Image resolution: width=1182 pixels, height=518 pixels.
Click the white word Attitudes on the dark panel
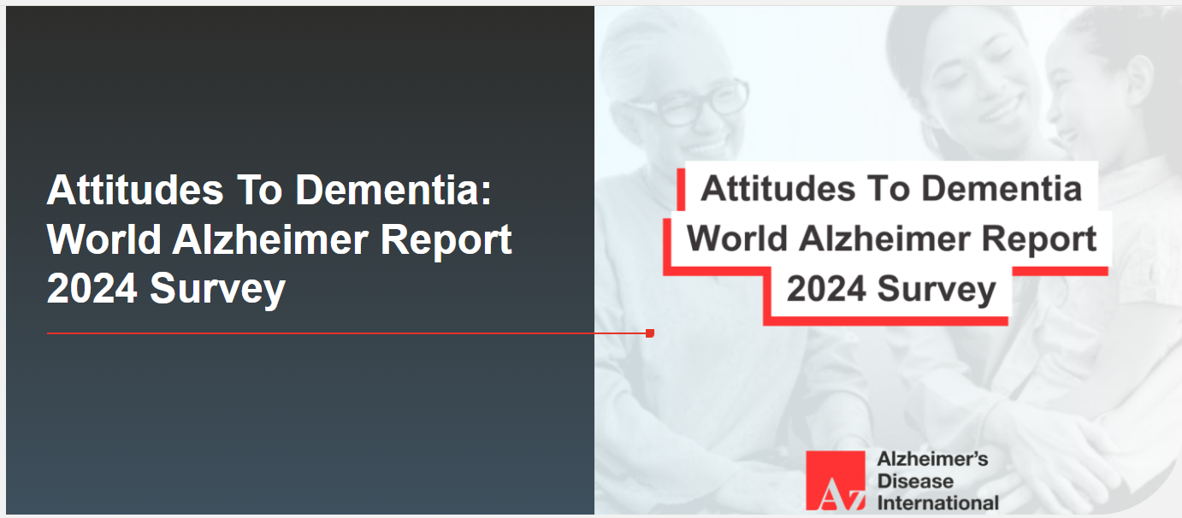[x=135, y=190]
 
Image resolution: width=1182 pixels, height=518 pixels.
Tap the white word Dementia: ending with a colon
[x=393, y=190]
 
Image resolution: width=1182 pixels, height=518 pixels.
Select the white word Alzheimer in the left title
[x=271, y=239]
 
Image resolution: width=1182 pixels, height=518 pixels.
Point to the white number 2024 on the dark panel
[x=92, y=289]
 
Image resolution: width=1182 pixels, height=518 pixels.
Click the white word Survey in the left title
[x=217, y=290]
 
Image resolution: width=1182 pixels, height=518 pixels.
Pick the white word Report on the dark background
[x=446, y=240]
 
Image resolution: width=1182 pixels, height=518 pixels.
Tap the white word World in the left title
[x=104, y=239]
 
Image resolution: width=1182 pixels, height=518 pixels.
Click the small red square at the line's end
[x=650, y=333]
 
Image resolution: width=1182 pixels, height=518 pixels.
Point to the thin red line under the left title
[x=348, y=333]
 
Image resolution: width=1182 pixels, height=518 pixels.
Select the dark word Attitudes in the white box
[x=777, y=188]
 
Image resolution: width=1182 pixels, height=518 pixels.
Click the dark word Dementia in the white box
[x=1002, y=188]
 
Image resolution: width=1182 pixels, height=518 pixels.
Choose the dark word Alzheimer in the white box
[x=884, y=238]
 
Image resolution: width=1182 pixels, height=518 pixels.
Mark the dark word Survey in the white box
[x=937, y=290]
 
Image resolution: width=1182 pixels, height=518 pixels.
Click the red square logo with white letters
[x=836, y=480]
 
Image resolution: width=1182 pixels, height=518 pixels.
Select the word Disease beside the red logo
[x=915, y=481]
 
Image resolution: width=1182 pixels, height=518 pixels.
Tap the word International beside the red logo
[x=937, y=503]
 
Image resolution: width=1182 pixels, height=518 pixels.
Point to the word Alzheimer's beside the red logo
[x=932, y=459]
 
